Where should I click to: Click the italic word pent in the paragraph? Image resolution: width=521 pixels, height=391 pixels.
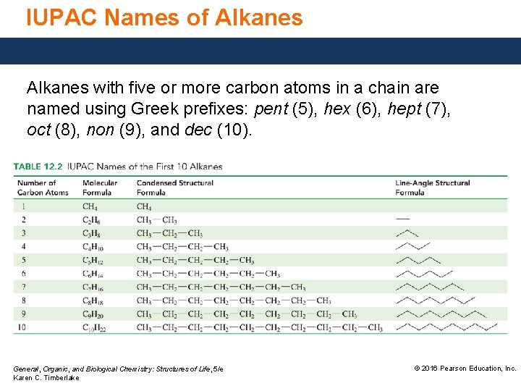click(x=270, y=109)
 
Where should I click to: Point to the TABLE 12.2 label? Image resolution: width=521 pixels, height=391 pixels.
click(x=37, y=167)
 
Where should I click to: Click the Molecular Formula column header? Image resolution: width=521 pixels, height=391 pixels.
click(x=100, y=188)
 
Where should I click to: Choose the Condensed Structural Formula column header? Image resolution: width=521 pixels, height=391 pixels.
click(x=174, y=188)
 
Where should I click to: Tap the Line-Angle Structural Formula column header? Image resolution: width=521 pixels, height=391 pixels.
click(x=432, y=188)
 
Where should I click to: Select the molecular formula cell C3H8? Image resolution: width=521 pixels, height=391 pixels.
click(x=91, y=233)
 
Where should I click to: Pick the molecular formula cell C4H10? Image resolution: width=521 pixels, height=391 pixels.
click(x=93, y=247)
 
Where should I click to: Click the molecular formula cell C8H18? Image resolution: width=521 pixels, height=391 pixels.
click(x=93, y=300)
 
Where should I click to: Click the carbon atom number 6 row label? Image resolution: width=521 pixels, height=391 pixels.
click(x=23, y=274)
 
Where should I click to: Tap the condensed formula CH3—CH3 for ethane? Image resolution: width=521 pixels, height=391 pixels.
click(x=156, y=220)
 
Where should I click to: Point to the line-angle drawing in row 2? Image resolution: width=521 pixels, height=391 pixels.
click(x=403, y=219)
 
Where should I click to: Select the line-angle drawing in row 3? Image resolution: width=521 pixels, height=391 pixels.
click(x=407, y=232)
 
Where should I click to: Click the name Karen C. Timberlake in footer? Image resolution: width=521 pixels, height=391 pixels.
click(x=46, y=378)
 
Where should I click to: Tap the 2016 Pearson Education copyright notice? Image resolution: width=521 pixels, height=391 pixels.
click(x=465, y=369)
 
